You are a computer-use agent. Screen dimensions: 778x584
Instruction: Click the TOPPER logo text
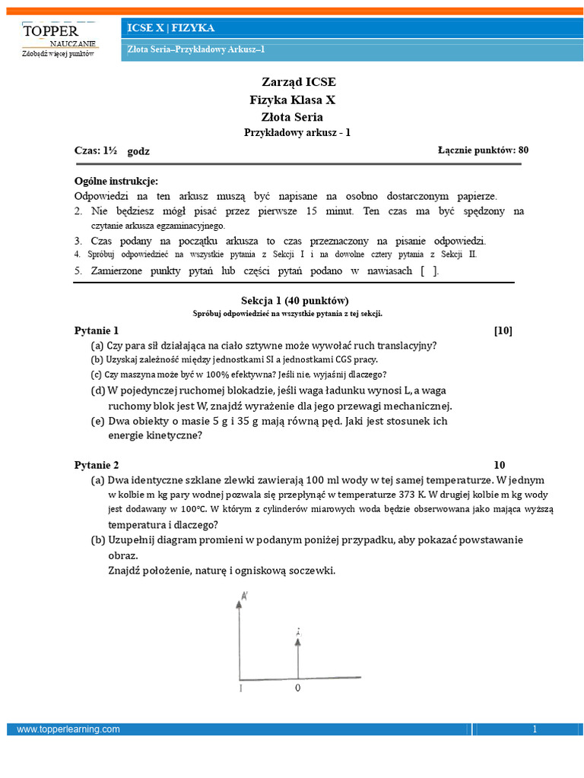[x=51, y=31]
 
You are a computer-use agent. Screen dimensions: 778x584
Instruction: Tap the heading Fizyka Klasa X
[x=292, y=100]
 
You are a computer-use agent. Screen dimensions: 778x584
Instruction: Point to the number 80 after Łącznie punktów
[x=523, y=150]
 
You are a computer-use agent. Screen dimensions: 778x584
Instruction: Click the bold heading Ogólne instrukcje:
[x=116, y=181]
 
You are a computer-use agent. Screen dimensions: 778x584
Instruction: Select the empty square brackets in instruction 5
[x=429, y=270]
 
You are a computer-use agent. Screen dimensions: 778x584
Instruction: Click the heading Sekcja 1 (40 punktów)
[x=292, y=301]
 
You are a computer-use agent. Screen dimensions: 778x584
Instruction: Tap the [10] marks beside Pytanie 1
[x=503, y=330]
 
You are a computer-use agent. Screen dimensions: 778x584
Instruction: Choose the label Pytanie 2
[x=97, y=465]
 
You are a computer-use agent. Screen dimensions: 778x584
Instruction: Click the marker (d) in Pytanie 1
[x=98, y=391]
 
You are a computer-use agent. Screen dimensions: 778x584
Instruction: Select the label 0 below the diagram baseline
[x=298, y=688]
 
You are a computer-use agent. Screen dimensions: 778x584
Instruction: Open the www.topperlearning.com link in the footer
[x=68, y=729]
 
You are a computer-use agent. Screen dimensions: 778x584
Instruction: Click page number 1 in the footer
[x=535, y=729]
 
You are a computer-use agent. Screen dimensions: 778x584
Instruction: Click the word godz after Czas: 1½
[x=138, y=151]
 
